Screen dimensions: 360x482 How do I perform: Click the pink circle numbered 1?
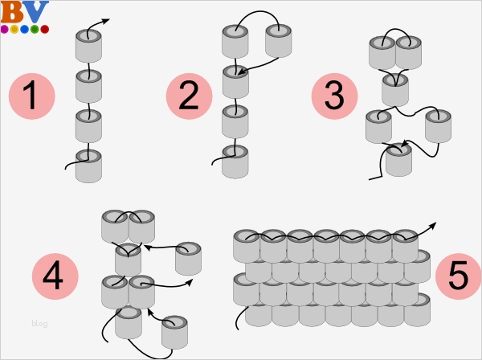click(31, 96)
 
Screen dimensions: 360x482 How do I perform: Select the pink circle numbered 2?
click(189, 96)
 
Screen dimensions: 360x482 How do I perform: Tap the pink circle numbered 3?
click(335, 96)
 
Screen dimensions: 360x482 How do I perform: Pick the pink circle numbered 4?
click(55, 277)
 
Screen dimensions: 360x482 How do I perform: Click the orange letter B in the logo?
click(12, 12)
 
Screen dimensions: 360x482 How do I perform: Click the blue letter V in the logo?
click(34, 12)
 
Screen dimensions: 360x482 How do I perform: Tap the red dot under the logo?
click(45, 29)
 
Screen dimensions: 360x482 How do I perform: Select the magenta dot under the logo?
click(5, 29)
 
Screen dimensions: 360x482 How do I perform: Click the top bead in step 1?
click(89, 47)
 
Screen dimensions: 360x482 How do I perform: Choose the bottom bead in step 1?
click(89, 165)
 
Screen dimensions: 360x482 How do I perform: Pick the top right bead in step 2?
click(278, 41)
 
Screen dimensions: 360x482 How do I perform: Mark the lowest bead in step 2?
click(235, 161)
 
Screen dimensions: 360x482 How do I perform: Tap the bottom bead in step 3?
click(399, 159)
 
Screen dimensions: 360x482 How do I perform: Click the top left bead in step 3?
click(382, 52)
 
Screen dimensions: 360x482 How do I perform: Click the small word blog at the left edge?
click(39, 324)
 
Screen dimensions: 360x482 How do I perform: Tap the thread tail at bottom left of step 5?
click(239, 321)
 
